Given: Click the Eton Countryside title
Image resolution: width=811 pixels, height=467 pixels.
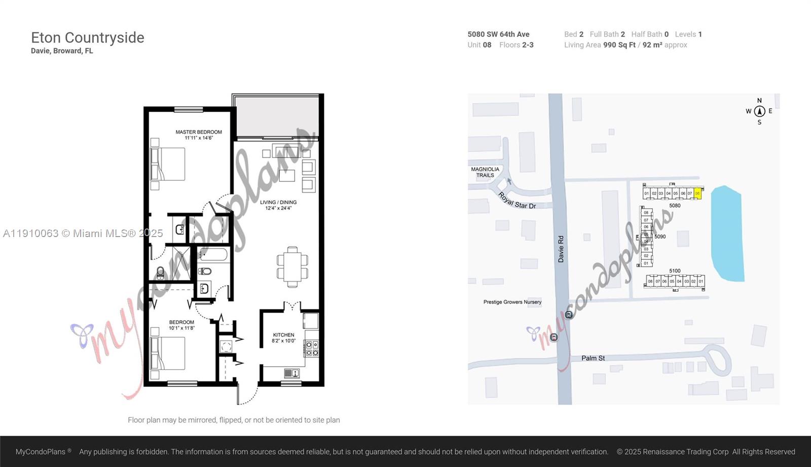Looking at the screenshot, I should [x=88, y=37].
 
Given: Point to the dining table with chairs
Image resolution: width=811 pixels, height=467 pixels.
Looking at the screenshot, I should [x=292, y=266].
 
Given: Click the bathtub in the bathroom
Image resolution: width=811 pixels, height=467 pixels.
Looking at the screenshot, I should [x=213, y=254].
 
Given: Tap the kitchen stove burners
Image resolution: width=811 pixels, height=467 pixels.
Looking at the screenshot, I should [x=312, y=348].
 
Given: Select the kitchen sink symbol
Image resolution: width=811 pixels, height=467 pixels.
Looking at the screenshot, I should [x=291, y=373].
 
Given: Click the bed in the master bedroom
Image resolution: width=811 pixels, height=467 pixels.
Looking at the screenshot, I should [x=169, y=164].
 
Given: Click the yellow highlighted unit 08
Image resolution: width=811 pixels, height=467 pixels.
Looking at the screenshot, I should [x=697, y=193].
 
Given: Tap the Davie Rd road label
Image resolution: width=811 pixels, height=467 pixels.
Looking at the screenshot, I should [x=561, y=249].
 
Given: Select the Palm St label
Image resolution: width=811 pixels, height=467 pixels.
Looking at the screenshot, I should [x=593, y=358].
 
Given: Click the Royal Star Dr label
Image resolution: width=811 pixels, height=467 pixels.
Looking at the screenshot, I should [x=517, y=201].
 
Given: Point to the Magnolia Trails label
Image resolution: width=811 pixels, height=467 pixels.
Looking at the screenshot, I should [x=485, y=172].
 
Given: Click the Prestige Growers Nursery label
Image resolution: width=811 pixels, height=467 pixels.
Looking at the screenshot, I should [x=512, y=302].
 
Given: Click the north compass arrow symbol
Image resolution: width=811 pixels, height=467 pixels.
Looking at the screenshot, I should [x=759, y=111].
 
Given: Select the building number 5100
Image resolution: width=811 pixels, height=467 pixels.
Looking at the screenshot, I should [x=675, y=271].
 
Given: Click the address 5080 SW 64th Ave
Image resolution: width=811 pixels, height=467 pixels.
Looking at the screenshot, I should [x=498, y=34].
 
